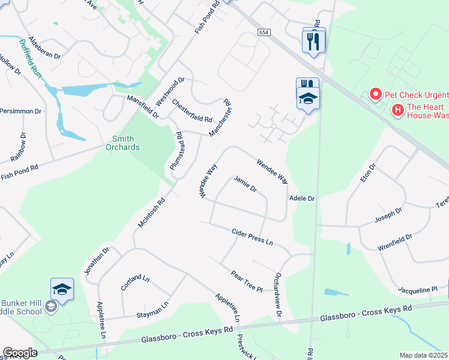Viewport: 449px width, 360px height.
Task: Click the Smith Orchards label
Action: [x=122, y=143]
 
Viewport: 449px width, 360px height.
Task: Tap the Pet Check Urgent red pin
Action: [x=375, y=94]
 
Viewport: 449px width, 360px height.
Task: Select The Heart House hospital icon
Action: [x=397, y=110]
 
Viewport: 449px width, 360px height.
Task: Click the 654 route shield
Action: [x=265, y=32]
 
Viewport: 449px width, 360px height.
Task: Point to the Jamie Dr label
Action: [x=245, y=184]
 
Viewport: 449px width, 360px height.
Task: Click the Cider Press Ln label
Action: [x=252, y=236]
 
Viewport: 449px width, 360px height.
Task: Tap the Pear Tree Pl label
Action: [x=247, y=280]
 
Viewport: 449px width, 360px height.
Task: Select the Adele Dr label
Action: [x=302, y=197]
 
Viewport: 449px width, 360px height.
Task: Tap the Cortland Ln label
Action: [x=135, y=281]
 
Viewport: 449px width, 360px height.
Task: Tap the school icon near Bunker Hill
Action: [x=62, y=290]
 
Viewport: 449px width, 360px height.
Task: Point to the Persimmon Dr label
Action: [x=20, y=111]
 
